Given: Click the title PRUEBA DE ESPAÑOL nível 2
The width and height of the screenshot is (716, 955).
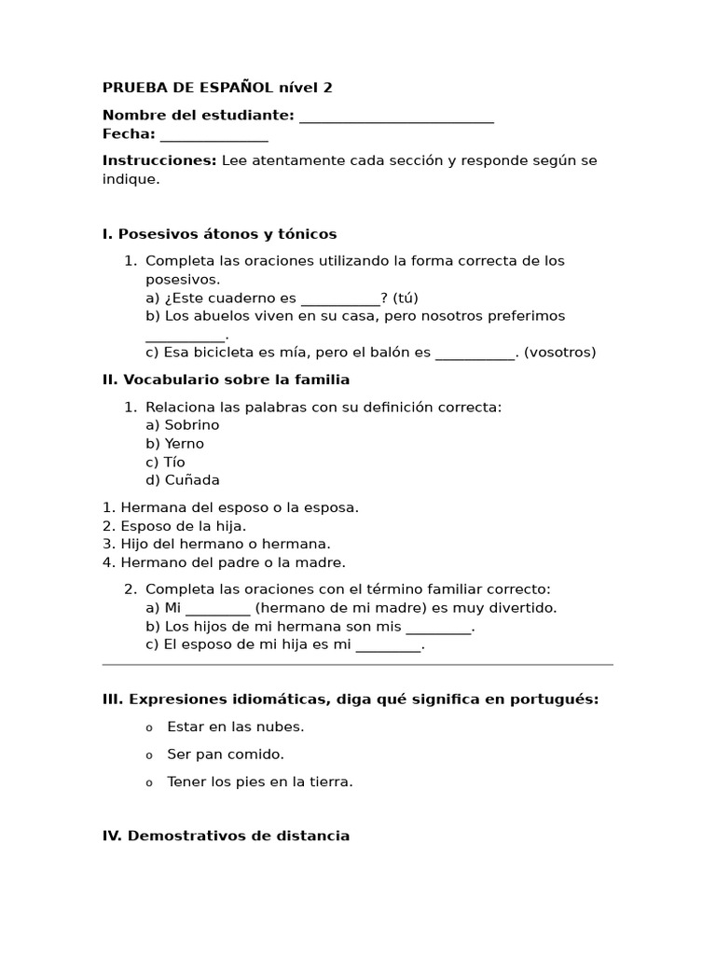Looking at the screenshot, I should pos(216,88).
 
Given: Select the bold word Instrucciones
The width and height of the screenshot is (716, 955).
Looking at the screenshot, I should pos(159,160).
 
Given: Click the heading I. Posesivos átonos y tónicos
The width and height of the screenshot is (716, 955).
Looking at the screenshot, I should pos(219,234).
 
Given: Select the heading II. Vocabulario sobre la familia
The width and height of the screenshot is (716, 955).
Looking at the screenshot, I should pos(226,380).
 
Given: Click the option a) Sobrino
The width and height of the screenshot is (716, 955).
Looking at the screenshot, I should pos(183,425).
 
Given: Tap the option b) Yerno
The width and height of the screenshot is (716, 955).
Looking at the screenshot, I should pos(174,444).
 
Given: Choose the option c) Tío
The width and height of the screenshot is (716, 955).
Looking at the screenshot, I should pos(165,463).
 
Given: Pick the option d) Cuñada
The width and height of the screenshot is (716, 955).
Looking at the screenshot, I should pos(183,480).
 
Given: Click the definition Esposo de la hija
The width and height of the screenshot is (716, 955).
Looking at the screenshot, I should pos(174,526).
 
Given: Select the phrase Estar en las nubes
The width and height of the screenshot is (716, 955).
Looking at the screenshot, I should pos(235,727).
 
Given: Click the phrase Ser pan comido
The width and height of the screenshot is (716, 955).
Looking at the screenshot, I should pos(225,754).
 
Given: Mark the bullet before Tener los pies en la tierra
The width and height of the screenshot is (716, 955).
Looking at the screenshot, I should pos(148,783).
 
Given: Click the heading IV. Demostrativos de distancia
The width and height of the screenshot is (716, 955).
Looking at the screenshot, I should pos(226,836).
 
